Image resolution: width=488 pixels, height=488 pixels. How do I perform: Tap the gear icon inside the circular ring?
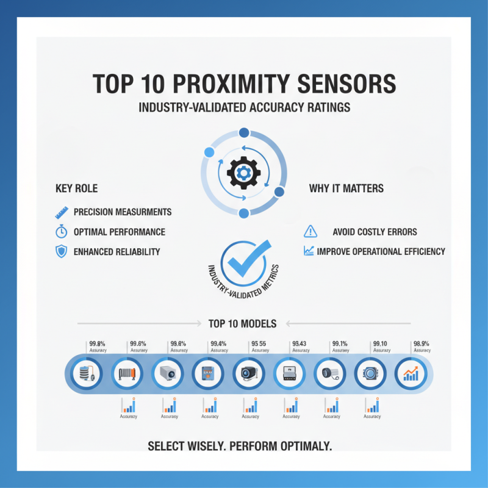[x=243, y=173]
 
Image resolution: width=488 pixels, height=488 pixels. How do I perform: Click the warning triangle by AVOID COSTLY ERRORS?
[x=310, y=231]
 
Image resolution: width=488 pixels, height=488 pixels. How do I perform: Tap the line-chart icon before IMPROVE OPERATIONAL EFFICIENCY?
[x=309, y=251]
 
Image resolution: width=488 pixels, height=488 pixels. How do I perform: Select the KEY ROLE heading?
[x=76, y=188]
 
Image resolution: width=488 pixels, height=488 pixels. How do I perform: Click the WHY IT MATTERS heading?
[x=346, y=188]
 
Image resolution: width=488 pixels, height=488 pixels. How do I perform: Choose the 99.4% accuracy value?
[x=218, y=344]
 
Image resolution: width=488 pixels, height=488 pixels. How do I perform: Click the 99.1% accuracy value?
[x=340, y=344]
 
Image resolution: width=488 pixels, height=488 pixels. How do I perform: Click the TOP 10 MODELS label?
[x=242, y=323]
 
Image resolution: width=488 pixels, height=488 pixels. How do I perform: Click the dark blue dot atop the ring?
[x=244, y=133]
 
